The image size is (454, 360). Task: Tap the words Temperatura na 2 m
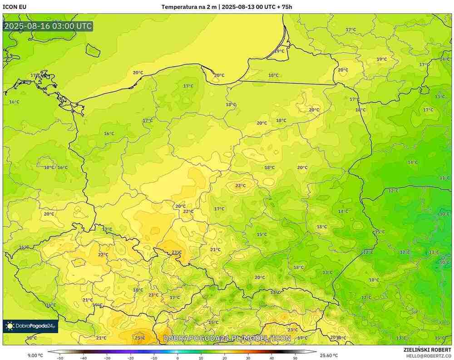coord(189,7)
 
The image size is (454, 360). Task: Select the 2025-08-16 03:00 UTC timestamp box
coord(48,26)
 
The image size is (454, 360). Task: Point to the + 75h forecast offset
coord(284,7)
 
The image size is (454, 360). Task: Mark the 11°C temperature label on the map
coord(444,178)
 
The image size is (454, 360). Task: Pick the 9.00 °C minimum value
coord(35,355)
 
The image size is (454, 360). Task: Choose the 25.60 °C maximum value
coord(329,355)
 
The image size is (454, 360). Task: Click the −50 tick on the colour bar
coord(59,358)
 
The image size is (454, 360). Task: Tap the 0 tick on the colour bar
coord(178,358)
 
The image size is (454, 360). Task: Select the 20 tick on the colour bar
coord(225,358)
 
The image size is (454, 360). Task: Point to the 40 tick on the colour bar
coord(271,358)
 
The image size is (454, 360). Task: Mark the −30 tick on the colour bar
coord(107,358)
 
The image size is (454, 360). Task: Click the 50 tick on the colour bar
coord(295,358)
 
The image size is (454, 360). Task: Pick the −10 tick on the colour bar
coord(154,358)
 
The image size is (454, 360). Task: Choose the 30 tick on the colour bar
coord(248,358)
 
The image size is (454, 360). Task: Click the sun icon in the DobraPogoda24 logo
coord(10,326)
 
